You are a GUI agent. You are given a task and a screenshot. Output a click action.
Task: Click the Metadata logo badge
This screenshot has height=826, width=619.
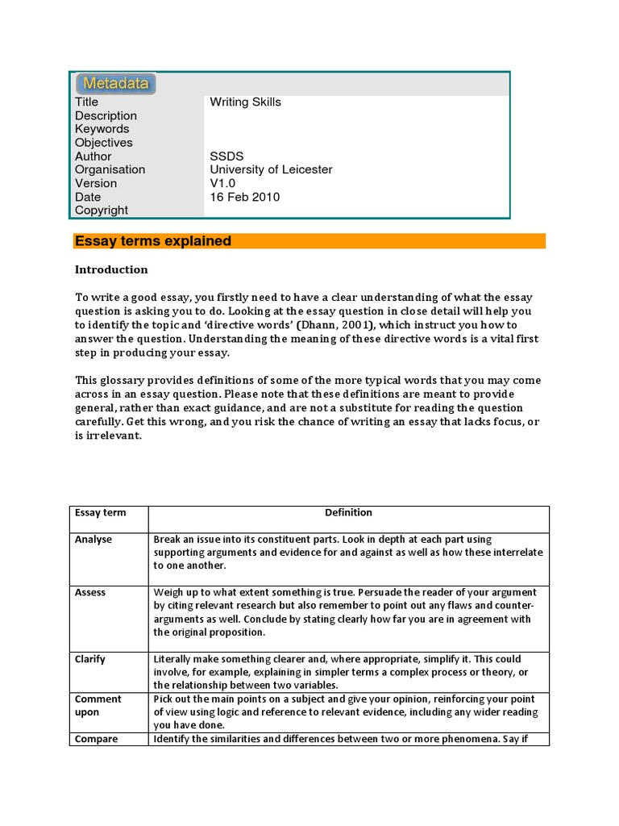tap(115, 83)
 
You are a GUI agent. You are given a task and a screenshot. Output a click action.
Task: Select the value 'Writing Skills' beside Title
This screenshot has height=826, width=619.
tap(245, 102)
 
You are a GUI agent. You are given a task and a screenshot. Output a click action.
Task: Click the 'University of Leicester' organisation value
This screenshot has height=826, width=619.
tap(271, 170)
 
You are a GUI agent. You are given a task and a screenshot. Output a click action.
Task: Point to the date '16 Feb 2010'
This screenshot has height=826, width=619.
tap(245, 197)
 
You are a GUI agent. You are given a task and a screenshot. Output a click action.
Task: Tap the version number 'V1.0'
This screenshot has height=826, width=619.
tap(223, 183)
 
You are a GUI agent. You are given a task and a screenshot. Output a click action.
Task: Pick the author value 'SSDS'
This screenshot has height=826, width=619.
tap(227, 156)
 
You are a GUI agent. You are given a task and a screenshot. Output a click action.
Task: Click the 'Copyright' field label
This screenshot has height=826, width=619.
tap(102, 211)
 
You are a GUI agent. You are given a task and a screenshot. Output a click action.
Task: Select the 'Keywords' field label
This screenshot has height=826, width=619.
tap(102, 129)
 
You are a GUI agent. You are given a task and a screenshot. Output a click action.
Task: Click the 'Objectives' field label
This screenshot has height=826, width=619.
tap(104, 143)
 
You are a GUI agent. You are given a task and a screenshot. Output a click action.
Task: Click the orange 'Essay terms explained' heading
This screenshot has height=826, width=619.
tap(153, 241)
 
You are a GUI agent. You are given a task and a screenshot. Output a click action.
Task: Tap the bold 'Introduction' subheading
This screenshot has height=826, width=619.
tap(111, 269)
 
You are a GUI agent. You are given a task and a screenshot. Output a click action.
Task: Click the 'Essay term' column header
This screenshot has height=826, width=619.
tap(100, 513)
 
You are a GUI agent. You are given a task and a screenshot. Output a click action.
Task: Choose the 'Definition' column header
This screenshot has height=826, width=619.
tap(348, 513)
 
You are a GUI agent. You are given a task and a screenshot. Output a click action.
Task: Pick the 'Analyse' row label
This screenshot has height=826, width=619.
tap(93, 540)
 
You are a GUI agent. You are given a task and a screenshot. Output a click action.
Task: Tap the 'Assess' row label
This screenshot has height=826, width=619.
tap(90, 593)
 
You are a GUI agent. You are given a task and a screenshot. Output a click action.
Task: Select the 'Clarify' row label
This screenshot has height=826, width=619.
tap(90, 660)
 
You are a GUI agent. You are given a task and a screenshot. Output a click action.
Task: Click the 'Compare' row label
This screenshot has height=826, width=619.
tap(96, 740)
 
